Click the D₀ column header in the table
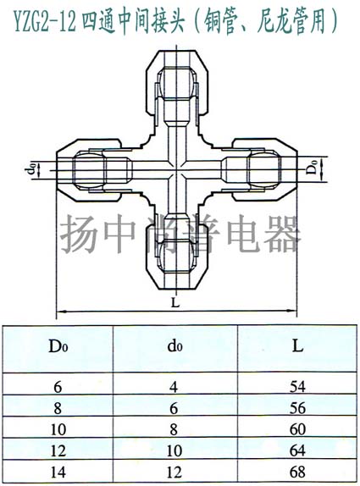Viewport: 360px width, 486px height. click(58, 346)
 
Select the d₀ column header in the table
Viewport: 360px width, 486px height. click(174, 346)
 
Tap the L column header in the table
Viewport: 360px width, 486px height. click(297, 346)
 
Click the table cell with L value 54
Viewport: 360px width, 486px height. click(297, 386)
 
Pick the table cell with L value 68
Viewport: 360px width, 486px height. click(297, 472)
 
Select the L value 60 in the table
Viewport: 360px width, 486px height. click(297, 429)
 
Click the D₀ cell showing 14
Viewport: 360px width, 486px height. click(58, 472)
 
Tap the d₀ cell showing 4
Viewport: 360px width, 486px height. click(174, 387)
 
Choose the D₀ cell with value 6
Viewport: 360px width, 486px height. click(58, 387)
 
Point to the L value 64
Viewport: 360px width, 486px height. click(297, 450)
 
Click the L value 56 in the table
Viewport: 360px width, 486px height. click(297, 408)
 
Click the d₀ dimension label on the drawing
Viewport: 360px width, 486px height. click(31, 169)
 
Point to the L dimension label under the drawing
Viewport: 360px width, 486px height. click(175, 302)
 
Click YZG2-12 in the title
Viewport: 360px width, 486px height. click(46, 22)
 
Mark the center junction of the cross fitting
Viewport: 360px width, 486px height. click(177, 170)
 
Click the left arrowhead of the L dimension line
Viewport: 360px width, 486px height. click(60, 311)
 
